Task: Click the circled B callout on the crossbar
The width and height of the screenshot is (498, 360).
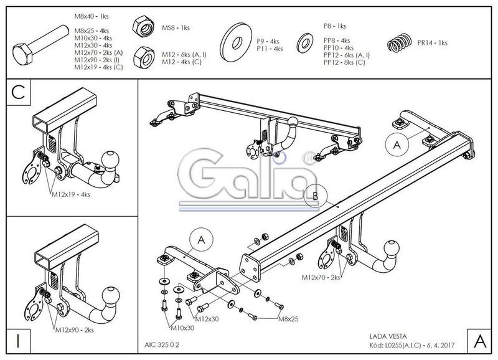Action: pyautogui.click(x=316, y=196)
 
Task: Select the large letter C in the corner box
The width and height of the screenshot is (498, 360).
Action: pyautogui.click(x=18, y=92)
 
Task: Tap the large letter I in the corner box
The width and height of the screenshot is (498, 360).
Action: pyautogui.click(x=18, y=341)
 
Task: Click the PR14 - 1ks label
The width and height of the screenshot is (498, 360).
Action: pyautogui.click(x=432, y=43)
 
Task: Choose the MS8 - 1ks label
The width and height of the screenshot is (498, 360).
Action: pyautogui.click(x=176, y=27)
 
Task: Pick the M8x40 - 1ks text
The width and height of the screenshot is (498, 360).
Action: pyautogui.click(x=92, y=16)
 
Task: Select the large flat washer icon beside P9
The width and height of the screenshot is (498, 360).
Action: pyautogui.click(x=236, y=42)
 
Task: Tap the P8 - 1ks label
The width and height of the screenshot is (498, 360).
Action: pyautogui.click(x=335, y=26)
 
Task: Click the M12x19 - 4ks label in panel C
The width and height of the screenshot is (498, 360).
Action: pyautogui.click(x=71, y=194)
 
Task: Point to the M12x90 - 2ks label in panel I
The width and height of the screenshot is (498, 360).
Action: pyautogui.click(x=75, y=330)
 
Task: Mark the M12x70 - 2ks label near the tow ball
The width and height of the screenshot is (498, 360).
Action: pyautogui.click(x=321, y=277)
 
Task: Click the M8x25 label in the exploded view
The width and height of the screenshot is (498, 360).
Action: pyautogui.click(x=288, y=319)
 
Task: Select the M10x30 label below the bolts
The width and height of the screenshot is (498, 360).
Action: pyautogui.click(x=182, y=328)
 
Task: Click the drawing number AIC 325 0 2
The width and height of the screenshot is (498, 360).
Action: pyautogui.click(x=162, y=345)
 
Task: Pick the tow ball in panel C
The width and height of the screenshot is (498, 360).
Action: pyautogui.click(x=110, y=159)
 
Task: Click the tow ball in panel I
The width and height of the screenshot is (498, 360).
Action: pyautogui.click(x=111, y=295)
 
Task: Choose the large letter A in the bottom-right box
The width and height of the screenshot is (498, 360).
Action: pyautogui.click(x=480, y=341)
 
